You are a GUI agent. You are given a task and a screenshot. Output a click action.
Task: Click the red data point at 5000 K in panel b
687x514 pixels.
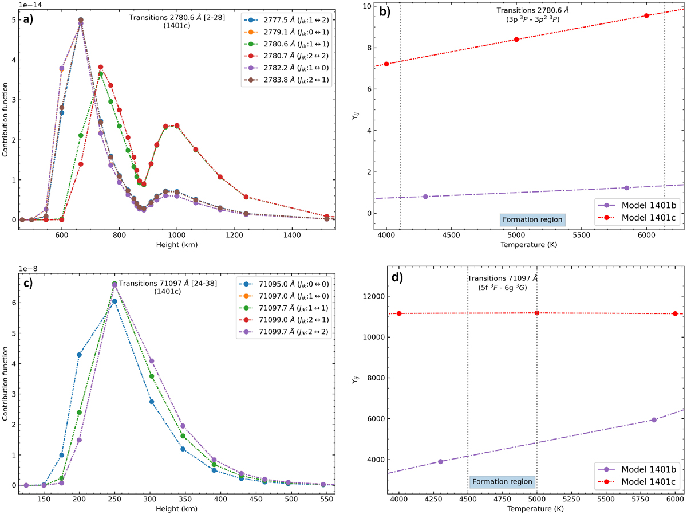point(516,39)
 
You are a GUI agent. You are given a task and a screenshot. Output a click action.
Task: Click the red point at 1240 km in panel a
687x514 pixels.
point(246,197)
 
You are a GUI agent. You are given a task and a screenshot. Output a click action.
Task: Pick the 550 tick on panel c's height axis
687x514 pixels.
point(312,498)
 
